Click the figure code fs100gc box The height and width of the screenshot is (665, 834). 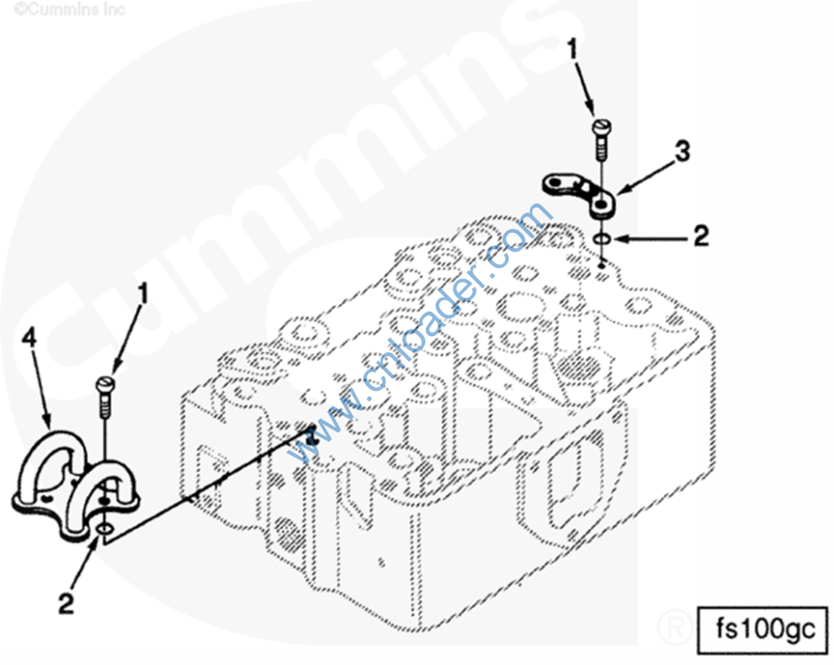point(762,630)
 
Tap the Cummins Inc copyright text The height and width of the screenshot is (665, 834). point(69,9)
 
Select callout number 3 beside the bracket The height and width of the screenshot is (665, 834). point(682,151)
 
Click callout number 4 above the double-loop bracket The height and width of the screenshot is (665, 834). point(29,338)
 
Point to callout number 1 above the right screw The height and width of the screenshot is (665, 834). point(572,50)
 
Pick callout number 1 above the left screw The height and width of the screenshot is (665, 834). point(143,293)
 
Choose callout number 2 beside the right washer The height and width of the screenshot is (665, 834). point(701,235)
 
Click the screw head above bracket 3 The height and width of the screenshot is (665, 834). point(602,128)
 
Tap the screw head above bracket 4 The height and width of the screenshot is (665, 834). point(105,383)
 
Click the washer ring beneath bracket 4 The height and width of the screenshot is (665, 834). point(105,529)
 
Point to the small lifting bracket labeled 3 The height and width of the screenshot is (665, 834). point(580,195)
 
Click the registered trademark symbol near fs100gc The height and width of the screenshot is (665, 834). point(675,628)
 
